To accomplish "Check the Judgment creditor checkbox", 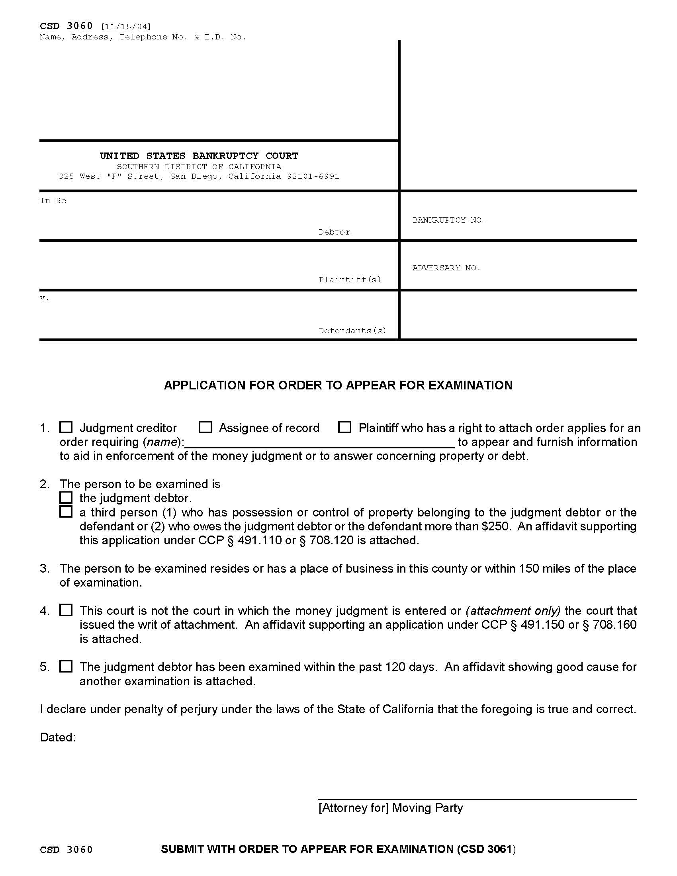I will pyautogui.click(x=66, y=427).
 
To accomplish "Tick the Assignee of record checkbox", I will pyautogui.click(x=205, y=427).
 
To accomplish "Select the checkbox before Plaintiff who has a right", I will pyautogui.click(x=344, y=427).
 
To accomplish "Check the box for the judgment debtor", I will pyautogui.click(x=66, y=498).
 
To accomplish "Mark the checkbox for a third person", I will pyautogui.click(x=66, y=512).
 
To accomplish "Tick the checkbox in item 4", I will pyautogui.click(x=66, y=610).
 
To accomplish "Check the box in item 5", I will pyautogui.click(x=66, y=666).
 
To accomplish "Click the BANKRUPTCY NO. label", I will pyautogui.click(x=449, y=220).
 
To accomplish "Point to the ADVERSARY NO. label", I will pyautogui.click(x=446, y=268).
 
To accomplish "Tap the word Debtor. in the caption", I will pyautogui.click(x=337, y=232).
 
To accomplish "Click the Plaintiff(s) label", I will pyautogui.click(x=350, y=280).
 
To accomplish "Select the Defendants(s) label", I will pyautogui.click(x=352, y=331).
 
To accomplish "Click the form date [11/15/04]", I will pyautogui.click(x=126, y=27).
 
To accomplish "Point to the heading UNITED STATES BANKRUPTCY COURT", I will pyautogui.click(x=199, y=156).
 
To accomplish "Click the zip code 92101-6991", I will pyautogui.click(x=313, y=176).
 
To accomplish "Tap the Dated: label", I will pyautogui.click(x=58, y=737).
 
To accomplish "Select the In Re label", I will pyautogui.click(x=53, y=201).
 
